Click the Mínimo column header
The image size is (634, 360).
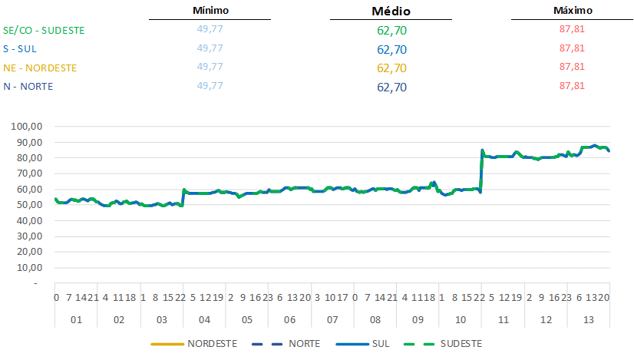coord(210,11)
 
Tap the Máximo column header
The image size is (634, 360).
coord(573,11)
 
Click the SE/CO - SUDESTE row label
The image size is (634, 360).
coord(44,31)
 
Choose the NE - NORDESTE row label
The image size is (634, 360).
coord(40,68)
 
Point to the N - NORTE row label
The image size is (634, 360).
coord(28,86)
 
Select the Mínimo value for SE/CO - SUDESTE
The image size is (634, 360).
coord(210,30)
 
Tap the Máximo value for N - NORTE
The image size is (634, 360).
coord(573,85)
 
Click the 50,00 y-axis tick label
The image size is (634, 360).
coord(34,205)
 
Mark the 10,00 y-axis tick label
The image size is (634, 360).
coord(34,268)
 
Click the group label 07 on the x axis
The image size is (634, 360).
coord(332,319)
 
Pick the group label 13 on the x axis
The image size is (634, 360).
coord(589,319)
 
